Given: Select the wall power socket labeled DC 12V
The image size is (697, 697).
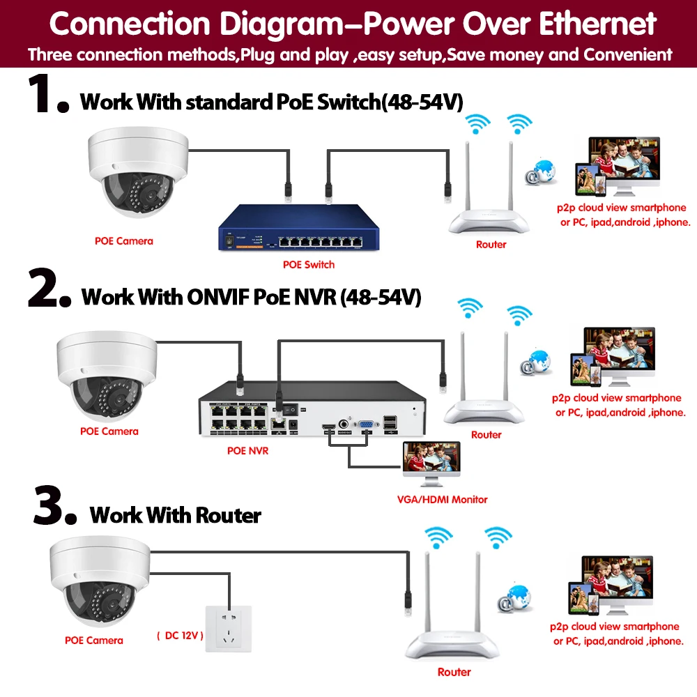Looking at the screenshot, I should [x=227, y=629].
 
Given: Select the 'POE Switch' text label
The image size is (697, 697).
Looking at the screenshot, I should [x=308, y=265].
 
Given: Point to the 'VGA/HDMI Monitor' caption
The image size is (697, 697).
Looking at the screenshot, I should [x=442, y=499].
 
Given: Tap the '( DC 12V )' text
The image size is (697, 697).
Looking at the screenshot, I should [x=180, y=636].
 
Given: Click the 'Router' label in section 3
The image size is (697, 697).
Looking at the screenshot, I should [x=454, y=673].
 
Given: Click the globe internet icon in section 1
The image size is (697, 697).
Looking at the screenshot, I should [x=542, y=171].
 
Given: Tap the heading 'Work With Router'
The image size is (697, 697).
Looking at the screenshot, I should [x=175, y=516].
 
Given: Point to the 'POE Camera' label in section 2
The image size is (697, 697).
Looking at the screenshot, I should [x=109, y=431].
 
